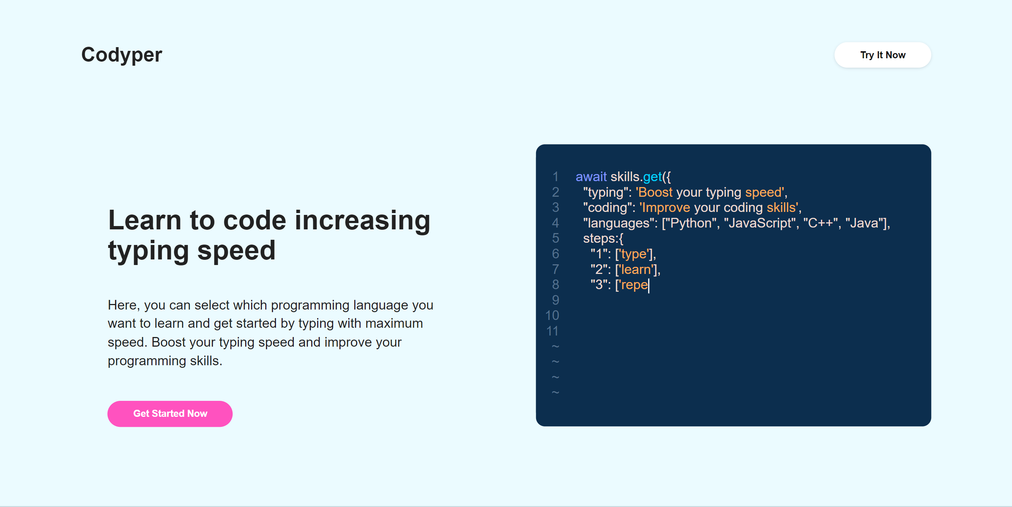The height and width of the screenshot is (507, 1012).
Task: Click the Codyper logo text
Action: click(121, 55)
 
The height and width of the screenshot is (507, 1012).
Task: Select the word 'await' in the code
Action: click(591, 177)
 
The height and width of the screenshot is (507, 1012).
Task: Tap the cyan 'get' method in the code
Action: click(653, 177)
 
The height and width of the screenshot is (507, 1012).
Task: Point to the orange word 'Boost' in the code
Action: click(655, 192)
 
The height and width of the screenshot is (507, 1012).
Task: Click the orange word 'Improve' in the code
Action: click(666, 207)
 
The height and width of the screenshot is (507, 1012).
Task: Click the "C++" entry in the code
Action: click(821, 223)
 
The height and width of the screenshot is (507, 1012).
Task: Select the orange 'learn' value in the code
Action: click(636, 269)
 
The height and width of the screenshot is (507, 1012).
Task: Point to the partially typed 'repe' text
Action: click(634, 285)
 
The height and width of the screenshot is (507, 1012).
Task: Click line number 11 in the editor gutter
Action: click(552, 331)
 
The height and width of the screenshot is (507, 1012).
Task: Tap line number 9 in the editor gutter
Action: click(555, 300)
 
